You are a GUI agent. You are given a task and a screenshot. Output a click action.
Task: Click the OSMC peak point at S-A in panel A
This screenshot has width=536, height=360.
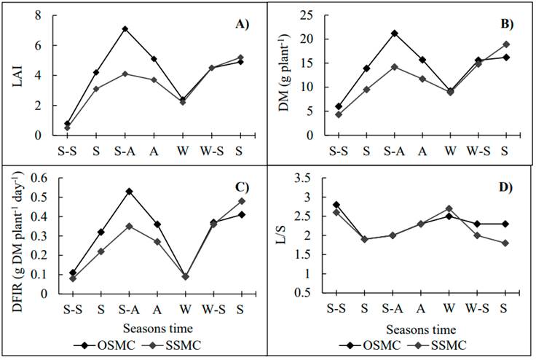coord(125,29)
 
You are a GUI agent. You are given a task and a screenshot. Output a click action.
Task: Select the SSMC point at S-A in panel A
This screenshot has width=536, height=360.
coord(125,74)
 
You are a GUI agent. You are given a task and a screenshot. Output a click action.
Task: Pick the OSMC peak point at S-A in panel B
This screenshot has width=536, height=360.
coord(394,33)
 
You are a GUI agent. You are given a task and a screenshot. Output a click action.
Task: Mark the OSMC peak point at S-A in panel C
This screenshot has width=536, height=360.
coord(128,191)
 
